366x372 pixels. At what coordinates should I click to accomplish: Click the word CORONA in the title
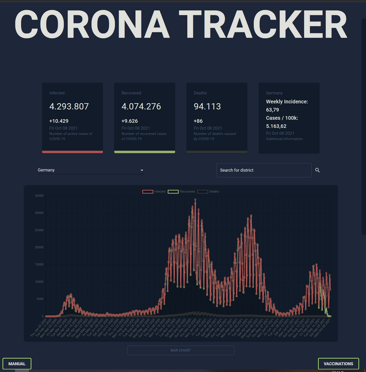click(92, 25)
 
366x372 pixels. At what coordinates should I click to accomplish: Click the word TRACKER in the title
click(263, 25)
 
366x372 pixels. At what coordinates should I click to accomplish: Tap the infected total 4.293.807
click(69, 107)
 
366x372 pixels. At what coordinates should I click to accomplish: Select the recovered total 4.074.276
click(141, 107)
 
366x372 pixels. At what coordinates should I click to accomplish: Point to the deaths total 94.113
click(207, 107)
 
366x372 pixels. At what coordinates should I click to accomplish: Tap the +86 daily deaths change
click(199, 121)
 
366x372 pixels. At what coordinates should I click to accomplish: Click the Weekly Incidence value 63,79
click(272, 110)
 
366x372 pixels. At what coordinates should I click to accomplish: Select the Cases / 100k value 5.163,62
click(276, 126)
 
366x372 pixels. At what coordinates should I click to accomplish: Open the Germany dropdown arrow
click(142, 170)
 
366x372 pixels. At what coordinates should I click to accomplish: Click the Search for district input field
click(264, 170)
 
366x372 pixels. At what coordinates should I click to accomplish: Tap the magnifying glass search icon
click(317, 170)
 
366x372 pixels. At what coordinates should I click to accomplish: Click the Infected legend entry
click(154, 191)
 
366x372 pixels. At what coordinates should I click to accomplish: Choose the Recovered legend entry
click(181, 191)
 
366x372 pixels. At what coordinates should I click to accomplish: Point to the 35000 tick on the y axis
click(38, 196)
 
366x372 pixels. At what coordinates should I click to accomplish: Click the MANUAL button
click(17, 364)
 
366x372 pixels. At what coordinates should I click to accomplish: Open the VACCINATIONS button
click(338, 364)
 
